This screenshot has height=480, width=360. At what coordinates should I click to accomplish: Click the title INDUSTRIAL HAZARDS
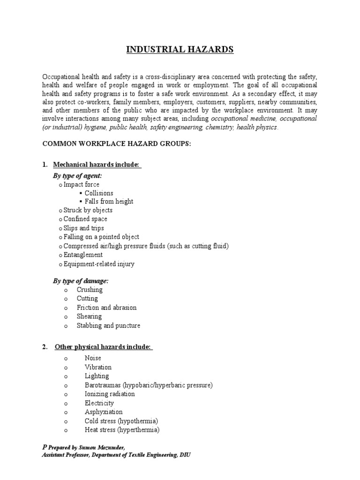click(180, 50)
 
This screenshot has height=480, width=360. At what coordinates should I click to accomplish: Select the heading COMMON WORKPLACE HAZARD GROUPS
click(117, 143)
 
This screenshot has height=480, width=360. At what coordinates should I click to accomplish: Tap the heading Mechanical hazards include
click(97, 165)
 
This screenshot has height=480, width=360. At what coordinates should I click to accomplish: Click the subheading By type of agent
click(77, 175)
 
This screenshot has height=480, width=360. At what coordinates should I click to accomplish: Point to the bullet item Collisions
click(99, 193)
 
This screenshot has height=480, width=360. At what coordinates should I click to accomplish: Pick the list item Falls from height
click(109, 202)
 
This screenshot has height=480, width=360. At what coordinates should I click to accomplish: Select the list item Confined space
click(85, 219)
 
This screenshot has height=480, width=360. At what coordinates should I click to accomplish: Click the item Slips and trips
click(84, 228)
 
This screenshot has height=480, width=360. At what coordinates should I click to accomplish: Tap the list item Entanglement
click(83, 255)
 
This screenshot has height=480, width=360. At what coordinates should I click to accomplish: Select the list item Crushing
click(90, 290)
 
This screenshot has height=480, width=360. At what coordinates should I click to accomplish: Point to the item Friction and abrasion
click(107, 307)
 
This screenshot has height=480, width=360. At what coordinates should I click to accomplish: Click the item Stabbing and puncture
click(108, 325)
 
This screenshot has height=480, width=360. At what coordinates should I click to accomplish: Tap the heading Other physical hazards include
click(103, 347)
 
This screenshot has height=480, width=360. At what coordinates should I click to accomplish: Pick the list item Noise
click(93, 358)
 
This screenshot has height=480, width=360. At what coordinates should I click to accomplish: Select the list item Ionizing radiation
click(110, 394)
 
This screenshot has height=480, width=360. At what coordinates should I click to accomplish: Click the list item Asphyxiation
click(104, 412)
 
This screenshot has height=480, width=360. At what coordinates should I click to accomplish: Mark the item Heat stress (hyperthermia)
click(122, 430)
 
